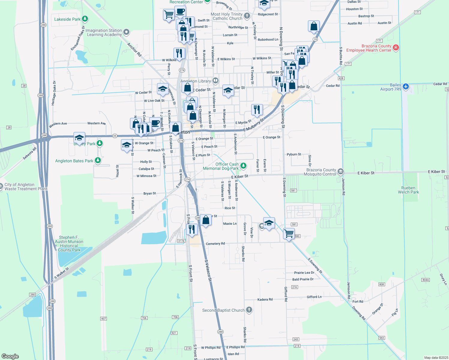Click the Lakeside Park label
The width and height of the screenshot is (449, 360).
click(x=67, y=19)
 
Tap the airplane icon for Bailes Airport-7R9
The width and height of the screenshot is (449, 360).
click(x=406, y=86)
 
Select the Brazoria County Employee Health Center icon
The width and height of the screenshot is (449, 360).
click(x=396, y=48)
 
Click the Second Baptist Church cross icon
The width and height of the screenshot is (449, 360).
click(x=249, y=310)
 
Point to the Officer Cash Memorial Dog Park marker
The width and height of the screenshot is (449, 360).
click(x=243, y=166)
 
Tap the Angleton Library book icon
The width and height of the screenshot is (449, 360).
click(x=215, y=80)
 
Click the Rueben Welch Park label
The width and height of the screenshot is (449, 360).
click(x=408, y=190)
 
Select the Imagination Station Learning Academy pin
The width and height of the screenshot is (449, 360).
click(x=126, y=32)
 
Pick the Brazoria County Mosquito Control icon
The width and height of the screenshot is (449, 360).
click(x=340, y=172)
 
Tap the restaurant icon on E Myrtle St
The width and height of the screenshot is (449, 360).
click(x=257, y=110)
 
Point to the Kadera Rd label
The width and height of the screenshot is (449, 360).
click(x=265, y=299)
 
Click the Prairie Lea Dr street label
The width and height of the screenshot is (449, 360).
click(x=304, y=273)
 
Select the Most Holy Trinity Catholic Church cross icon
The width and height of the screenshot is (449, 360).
click(x=247, y=16)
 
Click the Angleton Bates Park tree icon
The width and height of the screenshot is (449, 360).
click(x=98, y=160)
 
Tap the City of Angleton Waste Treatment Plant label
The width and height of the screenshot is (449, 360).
click(x=26, y=187)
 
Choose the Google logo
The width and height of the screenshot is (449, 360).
click(x=10, y=356)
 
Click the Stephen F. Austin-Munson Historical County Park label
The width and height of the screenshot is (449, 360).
click(x=69, y=244)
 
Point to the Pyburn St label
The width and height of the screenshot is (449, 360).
click(x=294, y=154)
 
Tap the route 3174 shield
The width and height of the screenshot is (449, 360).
click(x=181, y=241)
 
